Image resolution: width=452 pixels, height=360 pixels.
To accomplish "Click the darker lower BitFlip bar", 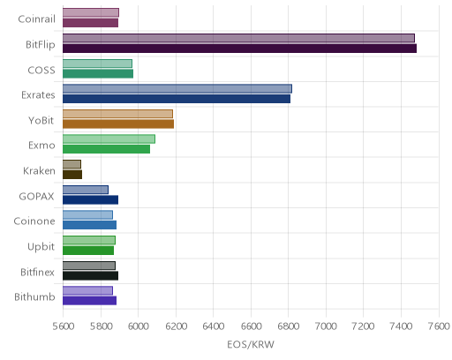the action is click(239, 49).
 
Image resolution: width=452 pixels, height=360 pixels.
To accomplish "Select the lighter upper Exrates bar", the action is click(177, 88).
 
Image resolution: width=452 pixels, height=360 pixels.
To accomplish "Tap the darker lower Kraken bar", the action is click(72, 175).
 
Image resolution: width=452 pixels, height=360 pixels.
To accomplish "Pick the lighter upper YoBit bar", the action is click(117, 114).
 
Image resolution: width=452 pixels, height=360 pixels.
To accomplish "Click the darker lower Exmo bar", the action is click(106, 149).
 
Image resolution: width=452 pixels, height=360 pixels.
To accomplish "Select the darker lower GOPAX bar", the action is click(90, 199).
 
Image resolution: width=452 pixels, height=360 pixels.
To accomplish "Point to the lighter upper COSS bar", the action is click(97, 64).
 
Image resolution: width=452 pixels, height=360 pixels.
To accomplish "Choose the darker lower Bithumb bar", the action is click(89, 301).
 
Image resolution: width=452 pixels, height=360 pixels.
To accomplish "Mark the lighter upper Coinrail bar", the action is click(91, 12).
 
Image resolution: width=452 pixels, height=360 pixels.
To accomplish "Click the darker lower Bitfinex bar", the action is click(90, 275).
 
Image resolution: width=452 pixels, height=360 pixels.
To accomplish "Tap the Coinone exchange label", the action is click(34, 221).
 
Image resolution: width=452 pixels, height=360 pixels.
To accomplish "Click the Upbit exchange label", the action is click(41, 246).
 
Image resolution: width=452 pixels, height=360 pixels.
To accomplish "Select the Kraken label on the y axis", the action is click(39, 170).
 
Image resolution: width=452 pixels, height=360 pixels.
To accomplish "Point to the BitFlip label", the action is click(41, 44).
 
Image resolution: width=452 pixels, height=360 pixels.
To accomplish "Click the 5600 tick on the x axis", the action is click(64, 326).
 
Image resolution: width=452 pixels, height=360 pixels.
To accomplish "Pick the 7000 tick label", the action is click(326, 326).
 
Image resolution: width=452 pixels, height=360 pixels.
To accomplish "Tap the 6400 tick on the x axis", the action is click(214, 326).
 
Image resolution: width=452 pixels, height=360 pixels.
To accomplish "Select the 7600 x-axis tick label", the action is click(439, 326).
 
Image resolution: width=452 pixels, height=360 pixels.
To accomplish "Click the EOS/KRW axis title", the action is click(251, 344).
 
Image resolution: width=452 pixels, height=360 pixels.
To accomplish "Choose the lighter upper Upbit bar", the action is click(89, 240).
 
